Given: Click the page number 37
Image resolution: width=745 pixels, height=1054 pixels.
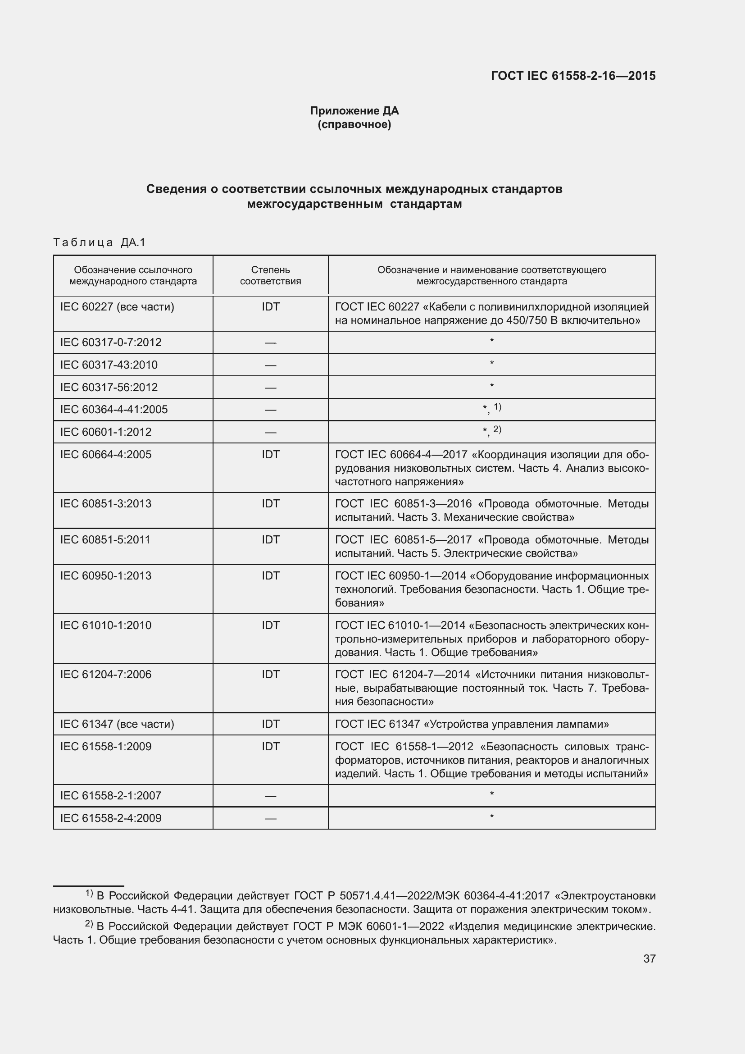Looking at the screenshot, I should [x=649, y=958].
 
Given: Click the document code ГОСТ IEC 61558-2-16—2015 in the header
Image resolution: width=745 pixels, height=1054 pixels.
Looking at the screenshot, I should [x=573, y=76].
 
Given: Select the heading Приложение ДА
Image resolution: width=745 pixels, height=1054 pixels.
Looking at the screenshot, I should [x=354, y=111].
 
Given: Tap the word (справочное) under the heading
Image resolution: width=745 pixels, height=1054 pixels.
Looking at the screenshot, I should [x=354, y=124].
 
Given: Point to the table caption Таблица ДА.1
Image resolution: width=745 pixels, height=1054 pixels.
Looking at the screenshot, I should [x=99, y=242].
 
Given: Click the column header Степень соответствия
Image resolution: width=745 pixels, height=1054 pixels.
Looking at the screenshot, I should [x=270, y=275].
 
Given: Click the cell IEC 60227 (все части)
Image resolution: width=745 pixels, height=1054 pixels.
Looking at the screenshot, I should [x=117, y=307].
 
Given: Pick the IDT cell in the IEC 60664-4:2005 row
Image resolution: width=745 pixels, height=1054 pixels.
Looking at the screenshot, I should [x=270, y=455].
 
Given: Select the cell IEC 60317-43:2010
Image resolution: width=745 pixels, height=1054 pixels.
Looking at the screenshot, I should [x=109, y=365].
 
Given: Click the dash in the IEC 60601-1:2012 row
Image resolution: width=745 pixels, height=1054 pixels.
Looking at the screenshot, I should [x=270, y=432].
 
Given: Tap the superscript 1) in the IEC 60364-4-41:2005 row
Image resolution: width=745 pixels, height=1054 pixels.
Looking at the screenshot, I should [x=497, y=407].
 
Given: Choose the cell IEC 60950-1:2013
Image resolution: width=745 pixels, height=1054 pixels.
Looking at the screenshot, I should [x=105, y=575].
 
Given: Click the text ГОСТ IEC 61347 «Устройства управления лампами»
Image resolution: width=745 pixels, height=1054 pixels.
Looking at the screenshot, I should [x=472, y=724].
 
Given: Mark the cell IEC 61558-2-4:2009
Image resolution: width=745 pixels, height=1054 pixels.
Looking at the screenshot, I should [x=110, y=818].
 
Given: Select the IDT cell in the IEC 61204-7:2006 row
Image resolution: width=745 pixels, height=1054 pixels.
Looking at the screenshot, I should [x=270, y=675].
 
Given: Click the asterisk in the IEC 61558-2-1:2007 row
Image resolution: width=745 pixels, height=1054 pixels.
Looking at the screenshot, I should [x=491, y=794].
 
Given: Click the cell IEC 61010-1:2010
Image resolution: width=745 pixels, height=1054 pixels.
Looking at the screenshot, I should [x=105, y=625].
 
